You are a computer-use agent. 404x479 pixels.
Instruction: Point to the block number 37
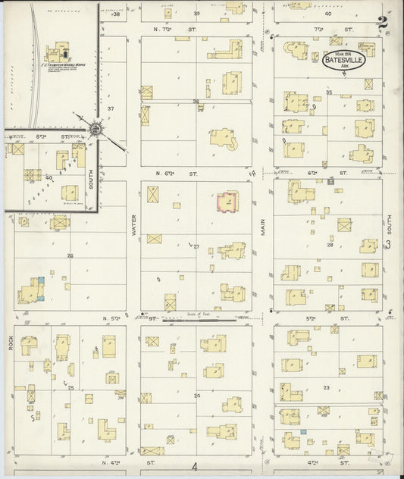(110, 108)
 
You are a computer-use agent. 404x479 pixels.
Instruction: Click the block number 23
(327, 387)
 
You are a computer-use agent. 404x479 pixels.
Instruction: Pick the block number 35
(329, 92)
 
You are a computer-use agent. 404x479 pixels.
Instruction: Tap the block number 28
(330, 245)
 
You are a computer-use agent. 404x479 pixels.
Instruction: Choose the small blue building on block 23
(303, 431)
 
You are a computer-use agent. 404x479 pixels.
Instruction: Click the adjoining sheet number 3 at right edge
(387, 244)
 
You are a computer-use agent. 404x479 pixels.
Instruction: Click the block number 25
(70, 388)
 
